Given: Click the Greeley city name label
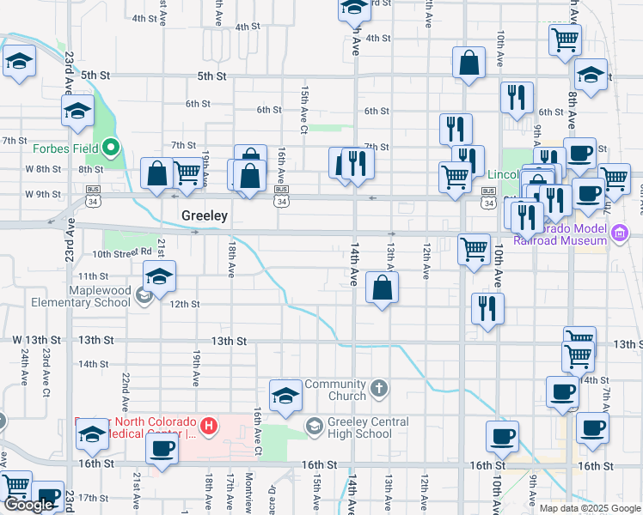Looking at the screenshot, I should tap(205, 216).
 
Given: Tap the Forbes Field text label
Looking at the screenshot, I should tap(62, 148).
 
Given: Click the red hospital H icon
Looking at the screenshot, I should tap(208, 424).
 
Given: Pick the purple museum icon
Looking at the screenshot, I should tap(619, 233).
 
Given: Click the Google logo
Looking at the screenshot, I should tap(28, 505).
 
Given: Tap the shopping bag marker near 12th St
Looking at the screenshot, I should tap(382, 287).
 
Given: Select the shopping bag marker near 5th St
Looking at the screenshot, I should tap(468, 63).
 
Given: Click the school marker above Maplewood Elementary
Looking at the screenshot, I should tap(158, 276).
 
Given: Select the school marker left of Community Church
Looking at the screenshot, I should tap(285, 394).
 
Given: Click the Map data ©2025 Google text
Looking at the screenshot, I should tap(589, 507).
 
